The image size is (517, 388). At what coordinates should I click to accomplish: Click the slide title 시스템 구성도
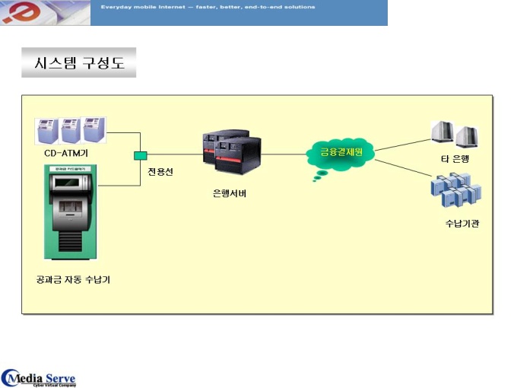click(x=79, y=63)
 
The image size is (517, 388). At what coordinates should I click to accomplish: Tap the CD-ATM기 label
click(x=65, y=154)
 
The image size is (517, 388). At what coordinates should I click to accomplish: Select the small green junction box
click(x=140, y=156)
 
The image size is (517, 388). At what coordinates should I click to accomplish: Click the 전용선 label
click(x=160, y=172)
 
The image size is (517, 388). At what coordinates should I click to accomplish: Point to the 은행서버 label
click(x=230, y=193)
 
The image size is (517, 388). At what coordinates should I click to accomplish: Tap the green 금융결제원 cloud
click(x=341, y=152)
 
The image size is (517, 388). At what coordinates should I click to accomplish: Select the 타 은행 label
click(x=456, y=157)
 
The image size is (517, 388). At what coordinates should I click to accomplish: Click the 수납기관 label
click(x=462, y=223)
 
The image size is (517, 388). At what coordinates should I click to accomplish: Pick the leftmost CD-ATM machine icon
click(x=48, y=131)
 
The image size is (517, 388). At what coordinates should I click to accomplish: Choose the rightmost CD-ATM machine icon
click(x=94, y=130)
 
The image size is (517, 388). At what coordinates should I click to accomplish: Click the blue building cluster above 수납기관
click(x=456, y=191)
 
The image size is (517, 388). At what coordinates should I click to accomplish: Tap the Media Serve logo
click(x=40, y=377)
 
